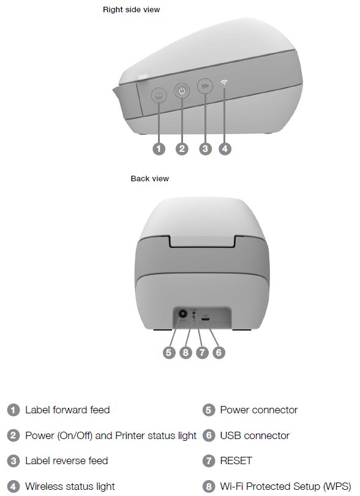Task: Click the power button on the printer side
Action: (182, 91)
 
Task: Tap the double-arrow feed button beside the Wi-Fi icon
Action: (205, 86)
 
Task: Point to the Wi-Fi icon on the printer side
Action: (224, 83)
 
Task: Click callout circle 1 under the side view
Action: (159, 149)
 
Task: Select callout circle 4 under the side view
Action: (225, 149)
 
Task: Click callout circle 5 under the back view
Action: (169, 352)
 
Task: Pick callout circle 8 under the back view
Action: (186, 352)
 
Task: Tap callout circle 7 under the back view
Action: (202, 352)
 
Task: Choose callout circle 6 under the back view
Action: (219, 352)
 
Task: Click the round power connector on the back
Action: (182, 314)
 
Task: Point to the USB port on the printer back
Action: (205, 320)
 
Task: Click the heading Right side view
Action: (131, 10)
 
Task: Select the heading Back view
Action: (149, 179)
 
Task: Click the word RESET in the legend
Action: (236, 460)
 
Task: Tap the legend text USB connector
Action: (255, 435)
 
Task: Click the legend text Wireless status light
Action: (70, 486)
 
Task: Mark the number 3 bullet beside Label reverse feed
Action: (13, 461)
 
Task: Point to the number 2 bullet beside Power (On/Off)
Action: (13, 435)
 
